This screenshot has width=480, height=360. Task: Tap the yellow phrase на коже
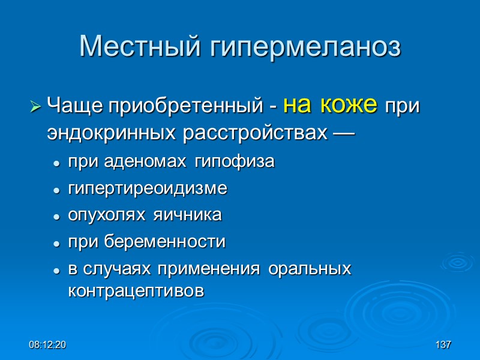click(329, 106)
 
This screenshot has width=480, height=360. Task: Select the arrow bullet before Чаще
click(35, 108)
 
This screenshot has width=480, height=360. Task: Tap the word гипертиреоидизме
click(148, 190)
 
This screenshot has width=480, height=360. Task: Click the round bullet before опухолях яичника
click(56, 216)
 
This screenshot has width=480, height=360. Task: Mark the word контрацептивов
click(136, 291)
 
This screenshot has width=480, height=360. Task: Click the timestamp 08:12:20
click(47, 346)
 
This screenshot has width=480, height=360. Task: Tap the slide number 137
click(443, 346)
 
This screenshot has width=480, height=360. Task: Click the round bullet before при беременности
click(56, 243)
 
